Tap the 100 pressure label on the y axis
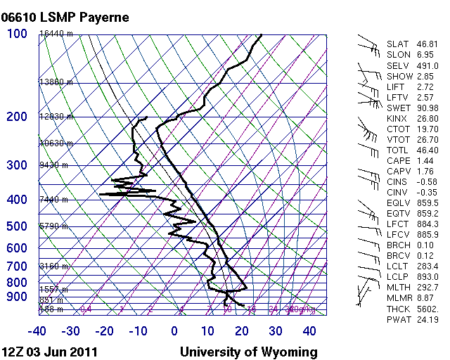tap(17, 34)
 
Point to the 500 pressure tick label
tap(17, 226)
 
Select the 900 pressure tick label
tap(17, 297)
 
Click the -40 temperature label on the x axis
tap(37, 331)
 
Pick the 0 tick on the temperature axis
tap(174, 331)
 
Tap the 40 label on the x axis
tap(309, 331)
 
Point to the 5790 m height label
tap(53, 226)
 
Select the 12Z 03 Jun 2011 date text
tap(50, 352)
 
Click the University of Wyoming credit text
tap(248, 352)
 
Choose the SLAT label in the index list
tap(397, 44)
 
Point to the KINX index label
tap(397, 119)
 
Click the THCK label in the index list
tap(397, 309)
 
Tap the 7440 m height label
tap(53, 200)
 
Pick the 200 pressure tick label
tap(17, 117)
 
